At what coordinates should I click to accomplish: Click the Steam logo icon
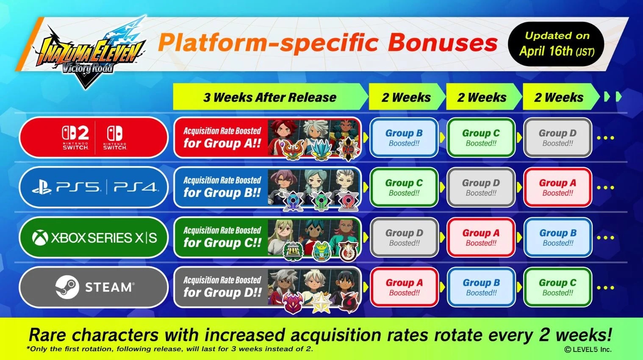(67, 287)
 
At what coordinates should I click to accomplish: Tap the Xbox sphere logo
(40, 238)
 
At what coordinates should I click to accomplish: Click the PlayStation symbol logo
(42, 187)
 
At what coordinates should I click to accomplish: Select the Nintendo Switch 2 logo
(75, 137)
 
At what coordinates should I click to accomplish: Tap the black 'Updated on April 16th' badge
(556, 44)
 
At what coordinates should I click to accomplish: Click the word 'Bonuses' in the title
(443, 43)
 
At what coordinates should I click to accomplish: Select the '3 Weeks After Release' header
(270, 97)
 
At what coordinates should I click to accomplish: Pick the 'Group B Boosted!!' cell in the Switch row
(404, 138)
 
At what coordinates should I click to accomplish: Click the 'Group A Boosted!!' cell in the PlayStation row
(557, 187)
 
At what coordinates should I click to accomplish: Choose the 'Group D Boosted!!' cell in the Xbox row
(404, 238)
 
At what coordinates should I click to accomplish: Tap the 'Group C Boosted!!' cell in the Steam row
(557, 287)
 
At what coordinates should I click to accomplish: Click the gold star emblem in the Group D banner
(321, 302)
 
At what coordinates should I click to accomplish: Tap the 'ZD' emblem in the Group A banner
(349, 149)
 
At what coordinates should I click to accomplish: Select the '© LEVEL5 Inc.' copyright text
(588, 349)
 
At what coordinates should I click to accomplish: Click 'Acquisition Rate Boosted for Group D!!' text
(222, 287)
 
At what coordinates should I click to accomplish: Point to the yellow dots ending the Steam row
(605, 288)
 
